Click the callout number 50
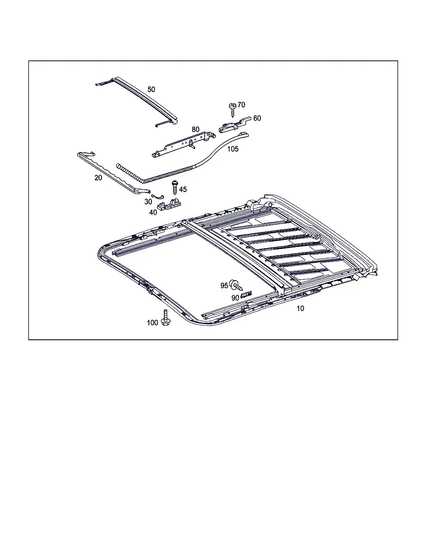(x=151, y=90)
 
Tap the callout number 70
(x=241, y=105)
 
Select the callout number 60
(x=257, y=118)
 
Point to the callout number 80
(x=196, y=129)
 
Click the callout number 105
(x=233, y=149)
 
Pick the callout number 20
(x=98, y=177)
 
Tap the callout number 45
(x=183, y=189)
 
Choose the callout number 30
(x=148, y=202)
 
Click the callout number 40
(x=153, y=212)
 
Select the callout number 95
(x=224, y=286)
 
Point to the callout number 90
(x=235, y=298)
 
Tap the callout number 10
(x=300, y=309)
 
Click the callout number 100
(x=152, y=322)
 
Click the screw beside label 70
(x=233, y=110)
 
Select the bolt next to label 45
(x=175, y=187)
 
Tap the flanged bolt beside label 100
(x=166, y=317)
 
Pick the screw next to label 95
(x=236, y=285)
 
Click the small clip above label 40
(x=169, y=204)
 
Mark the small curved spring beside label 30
(x=158, y=197)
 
